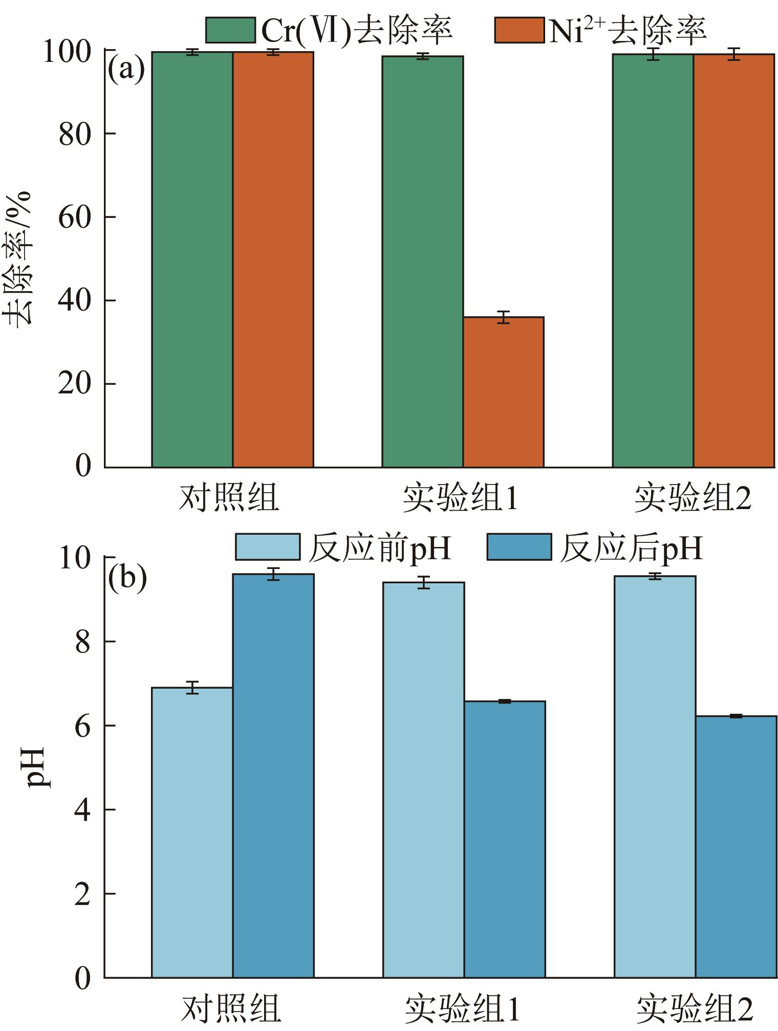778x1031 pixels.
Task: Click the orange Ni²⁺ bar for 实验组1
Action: point(503,392)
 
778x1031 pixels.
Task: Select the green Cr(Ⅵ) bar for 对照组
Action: point(192,259)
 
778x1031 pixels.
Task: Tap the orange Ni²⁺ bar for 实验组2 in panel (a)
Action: point(733,260)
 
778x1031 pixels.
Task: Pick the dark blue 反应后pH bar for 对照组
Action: point(273,776)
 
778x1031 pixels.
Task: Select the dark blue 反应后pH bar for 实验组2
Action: point(736,847)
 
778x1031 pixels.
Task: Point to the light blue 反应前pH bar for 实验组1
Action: point(423,780)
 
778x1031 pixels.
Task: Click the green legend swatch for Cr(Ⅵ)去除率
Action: point(230,30)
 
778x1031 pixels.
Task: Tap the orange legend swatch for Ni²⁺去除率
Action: point(518,30)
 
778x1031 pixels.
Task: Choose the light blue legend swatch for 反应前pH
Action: point(267,547)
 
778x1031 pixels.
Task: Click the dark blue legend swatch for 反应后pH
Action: point(518,547)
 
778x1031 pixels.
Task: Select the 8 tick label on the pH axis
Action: point(82,642)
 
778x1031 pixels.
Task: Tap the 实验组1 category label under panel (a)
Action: point(460,498)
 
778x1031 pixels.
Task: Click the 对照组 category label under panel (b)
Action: point(231,1008)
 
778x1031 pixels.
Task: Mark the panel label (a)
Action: point(126,70)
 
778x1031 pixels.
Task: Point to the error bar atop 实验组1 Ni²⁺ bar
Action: point(503,317)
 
